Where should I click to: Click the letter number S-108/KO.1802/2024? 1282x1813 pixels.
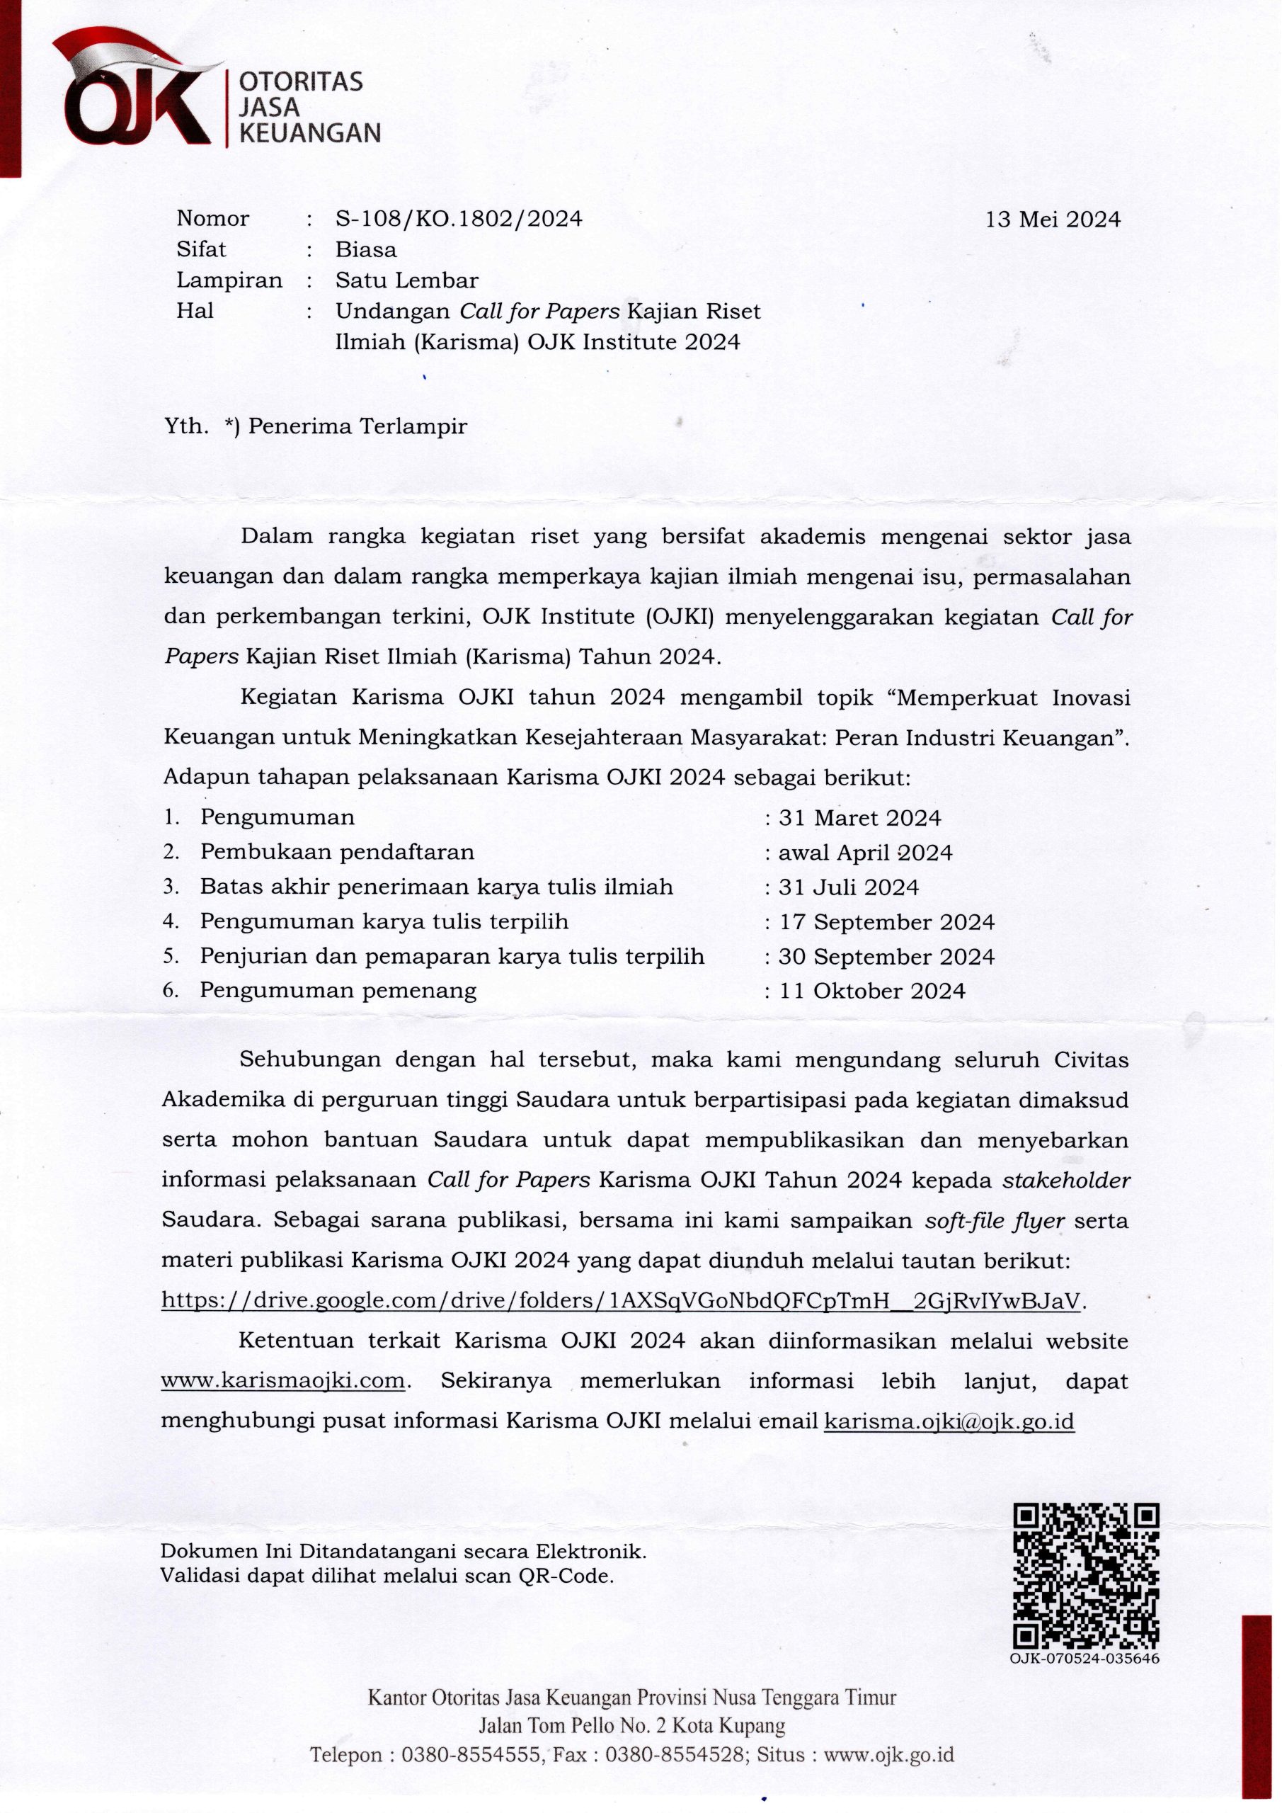pyautogui.click(x=459, y=219)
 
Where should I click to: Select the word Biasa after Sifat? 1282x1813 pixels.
pyautogui.click(x=365, y=250)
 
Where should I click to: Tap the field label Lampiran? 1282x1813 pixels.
pyautogui.click(x=229, y=280)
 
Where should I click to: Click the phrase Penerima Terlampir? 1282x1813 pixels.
pyautogui.click(x=357, y=427)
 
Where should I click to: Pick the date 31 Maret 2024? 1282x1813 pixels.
pyautogui.click(x=859, y=818)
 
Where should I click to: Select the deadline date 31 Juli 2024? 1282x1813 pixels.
pyautogui.click(x=849, y=887)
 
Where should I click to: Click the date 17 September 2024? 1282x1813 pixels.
pyautogui.click(x=886, y=922)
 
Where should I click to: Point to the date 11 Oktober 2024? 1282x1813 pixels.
pyautogui.click(x=872, y=991)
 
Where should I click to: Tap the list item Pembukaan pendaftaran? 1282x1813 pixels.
pyautogui.click(x=337, y=852)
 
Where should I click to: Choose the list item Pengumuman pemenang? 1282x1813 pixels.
pyautogui.click(x=338, y=990)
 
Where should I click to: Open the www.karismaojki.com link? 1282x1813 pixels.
pyautogui.click(x=282, y=1382)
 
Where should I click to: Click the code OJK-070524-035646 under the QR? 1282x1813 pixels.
pyautogui.click(x=1084, y=1659)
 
